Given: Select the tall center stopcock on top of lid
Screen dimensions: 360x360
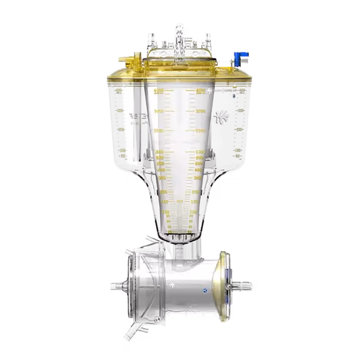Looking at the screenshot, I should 179,34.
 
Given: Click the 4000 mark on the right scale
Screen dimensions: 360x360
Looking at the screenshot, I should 201,92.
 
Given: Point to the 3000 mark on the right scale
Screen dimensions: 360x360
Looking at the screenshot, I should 201,111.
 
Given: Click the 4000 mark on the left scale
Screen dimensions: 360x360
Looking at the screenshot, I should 158,92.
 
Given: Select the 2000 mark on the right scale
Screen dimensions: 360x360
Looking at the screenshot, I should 201,131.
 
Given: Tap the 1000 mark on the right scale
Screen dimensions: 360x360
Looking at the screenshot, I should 200,152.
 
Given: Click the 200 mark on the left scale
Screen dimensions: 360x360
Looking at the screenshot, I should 164,191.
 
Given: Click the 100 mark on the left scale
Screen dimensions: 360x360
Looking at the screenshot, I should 166,212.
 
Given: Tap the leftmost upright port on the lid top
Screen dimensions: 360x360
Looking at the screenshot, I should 150,41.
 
